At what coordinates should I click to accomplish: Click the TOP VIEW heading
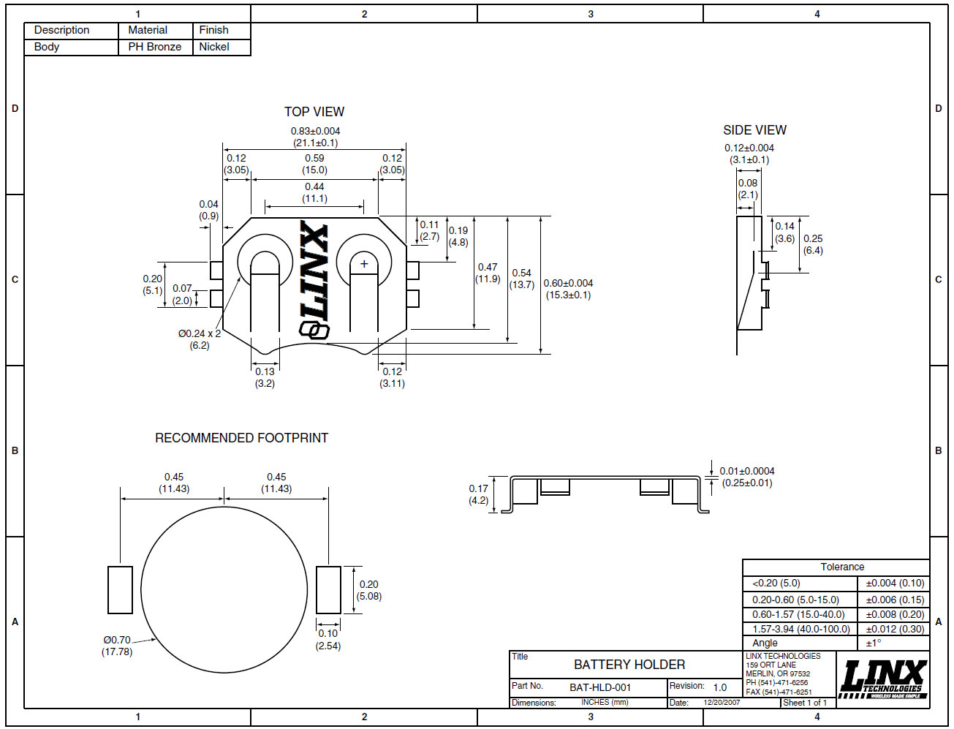coord(314,112)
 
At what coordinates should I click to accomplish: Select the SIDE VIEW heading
coord(754,130)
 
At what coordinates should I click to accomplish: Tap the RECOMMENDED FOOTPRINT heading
coord(242,438)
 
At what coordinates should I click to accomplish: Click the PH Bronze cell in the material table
coord(155,47)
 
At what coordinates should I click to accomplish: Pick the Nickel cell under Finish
coord(214,47)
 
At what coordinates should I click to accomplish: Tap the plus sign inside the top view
coord(364,263)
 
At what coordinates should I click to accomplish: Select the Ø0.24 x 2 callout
coord(200,339)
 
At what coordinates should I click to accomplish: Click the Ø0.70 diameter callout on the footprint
coord(117,646)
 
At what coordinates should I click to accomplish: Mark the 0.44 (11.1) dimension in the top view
coord(314,192)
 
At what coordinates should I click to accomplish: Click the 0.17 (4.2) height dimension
coord(478,494)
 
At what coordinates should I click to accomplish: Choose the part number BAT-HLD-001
coord(599,687)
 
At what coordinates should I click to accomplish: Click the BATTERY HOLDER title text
coord(629,665)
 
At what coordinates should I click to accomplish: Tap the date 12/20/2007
coord(722,703)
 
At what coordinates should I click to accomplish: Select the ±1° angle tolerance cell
coord(874,643)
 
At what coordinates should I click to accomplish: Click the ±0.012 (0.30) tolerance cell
coord(895,629)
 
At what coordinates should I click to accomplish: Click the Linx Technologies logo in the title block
coord(882,679)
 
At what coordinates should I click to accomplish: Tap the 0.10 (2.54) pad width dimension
coord(328,640)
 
